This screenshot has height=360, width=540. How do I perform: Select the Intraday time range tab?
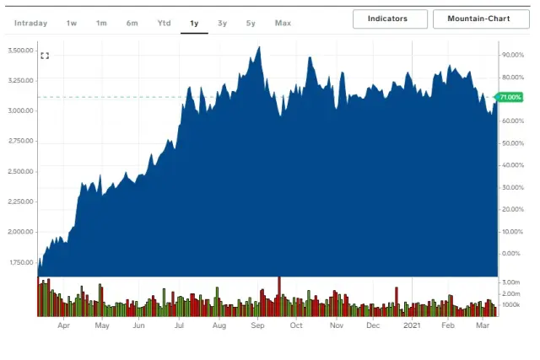(x=31, y=23)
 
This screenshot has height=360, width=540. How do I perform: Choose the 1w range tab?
(x=72, y=23)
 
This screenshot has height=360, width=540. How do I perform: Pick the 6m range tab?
(x=132, y=23)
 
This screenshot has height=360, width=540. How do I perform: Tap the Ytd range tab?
(x=163, y=23)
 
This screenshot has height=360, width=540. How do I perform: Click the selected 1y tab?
(x=194, y=23)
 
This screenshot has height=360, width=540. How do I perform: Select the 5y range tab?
(x=251, y=23)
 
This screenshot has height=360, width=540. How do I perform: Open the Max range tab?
(x=282, y=23)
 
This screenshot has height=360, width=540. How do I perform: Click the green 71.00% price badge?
(x=510, y=98)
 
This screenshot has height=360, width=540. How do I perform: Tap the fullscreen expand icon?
(x=45, y=56)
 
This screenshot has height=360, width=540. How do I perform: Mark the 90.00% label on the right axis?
(x=513, y=55)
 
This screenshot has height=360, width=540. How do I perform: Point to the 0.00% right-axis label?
(x=511, y=253)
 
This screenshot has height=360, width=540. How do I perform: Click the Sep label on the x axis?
(x=257, y=325)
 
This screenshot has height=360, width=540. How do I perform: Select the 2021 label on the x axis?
(x=411, y=325)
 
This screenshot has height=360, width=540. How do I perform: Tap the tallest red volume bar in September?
(x=278, y=295)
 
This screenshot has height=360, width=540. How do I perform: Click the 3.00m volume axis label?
(x=511, y=282)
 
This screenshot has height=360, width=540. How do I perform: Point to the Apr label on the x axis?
(x=63, y=325)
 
